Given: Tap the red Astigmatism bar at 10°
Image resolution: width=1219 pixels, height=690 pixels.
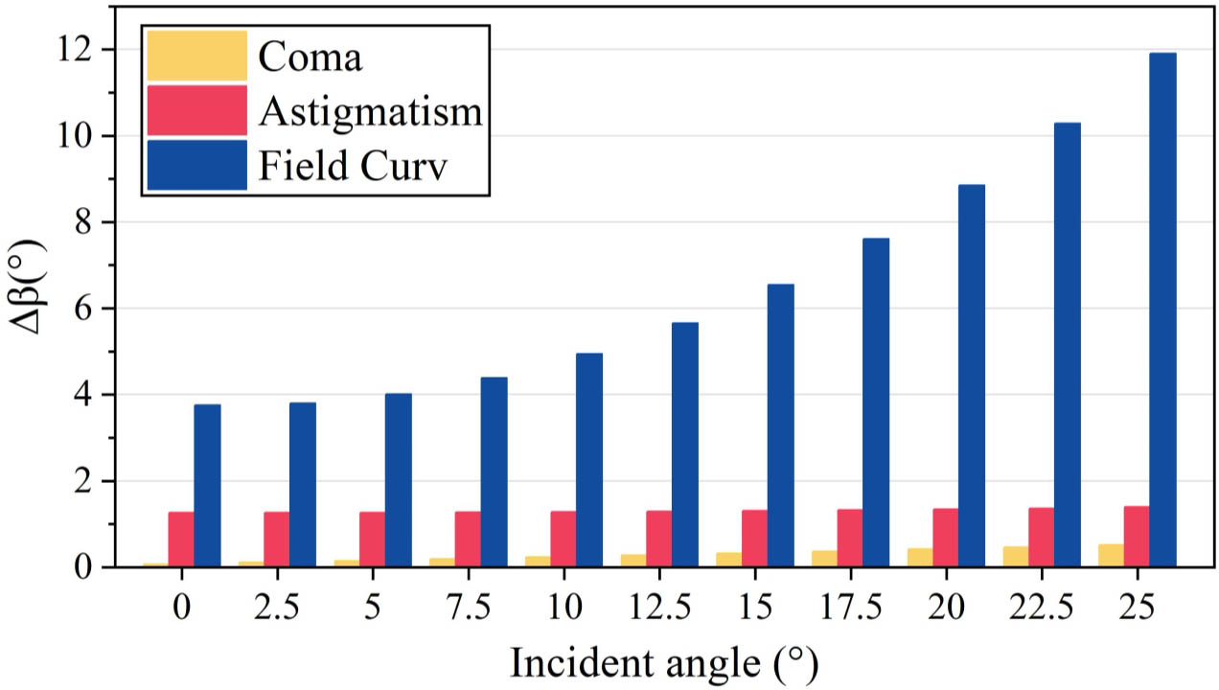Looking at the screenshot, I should [563, 539].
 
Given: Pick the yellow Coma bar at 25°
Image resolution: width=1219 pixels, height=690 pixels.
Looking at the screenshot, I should [1111, 555].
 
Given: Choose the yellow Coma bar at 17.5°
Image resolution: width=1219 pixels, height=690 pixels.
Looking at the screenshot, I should [824, 558].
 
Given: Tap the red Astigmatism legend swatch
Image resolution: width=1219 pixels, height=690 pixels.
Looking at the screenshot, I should [195, 111].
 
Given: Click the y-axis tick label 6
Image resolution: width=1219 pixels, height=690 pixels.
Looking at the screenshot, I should [84, 309].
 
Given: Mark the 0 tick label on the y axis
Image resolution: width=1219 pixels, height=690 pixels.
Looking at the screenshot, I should [84, 567].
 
